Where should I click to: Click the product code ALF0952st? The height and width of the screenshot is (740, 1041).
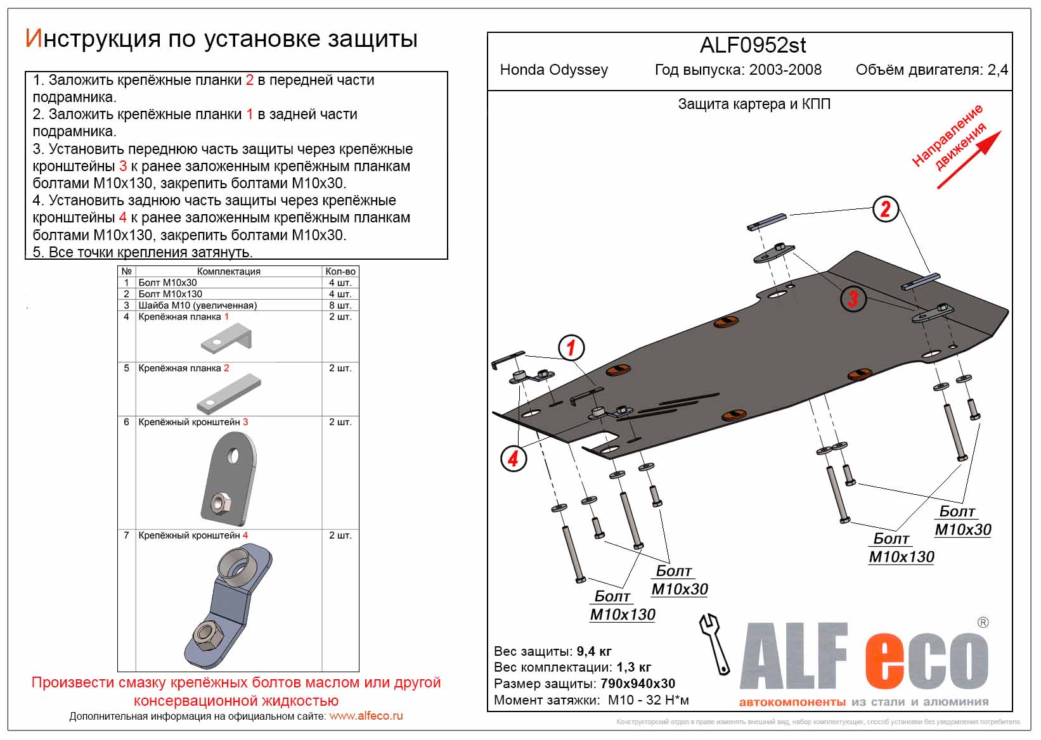pyautogui.click(x=753, y=46)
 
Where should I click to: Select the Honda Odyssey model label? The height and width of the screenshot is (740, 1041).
pyautogui.click(x=553, y=70)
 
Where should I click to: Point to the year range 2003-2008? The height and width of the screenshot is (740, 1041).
pyautogui.click(x=785, y=70)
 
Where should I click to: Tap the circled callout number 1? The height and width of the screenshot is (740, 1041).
pyautogui.click(x=571, y=347)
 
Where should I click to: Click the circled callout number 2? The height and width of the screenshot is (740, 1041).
pyautogui.click(x=886, y=208)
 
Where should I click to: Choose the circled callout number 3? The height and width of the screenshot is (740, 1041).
pyautogui.click(x=853, y=298)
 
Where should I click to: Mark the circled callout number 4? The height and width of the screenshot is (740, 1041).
pyautogui.click(x=513, y=457)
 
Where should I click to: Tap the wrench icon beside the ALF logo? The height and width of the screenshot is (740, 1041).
pyautogui.click(x=714, y=643)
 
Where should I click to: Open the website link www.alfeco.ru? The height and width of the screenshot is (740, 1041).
pyautogui.click(x=366, y=717)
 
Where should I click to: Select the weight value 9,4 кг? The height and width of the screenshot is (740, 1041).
pyautogui.click(x=594, y=651)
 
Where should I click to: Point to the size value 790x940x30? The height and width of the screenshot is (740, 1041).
pyautogui.click(x=636, y=684)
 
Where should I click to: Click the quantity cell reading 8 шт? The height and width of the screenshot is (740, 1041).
pyautogui.click(x=340, y=305)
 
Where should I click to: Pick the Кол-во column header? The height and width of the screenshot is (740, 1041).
pyautogui.click(x=340, y=271)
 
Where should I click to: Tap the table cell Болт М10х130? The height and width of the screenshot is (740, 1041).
pyautogui.click(x=170, y=294)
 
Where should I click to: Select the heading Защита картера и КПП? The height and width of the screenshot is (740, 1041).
pyautogui.click(x=754, y=104)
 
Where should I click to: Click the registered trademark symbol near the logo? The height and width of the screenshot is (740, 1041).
pyautogui.click(x=983, y=622)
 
